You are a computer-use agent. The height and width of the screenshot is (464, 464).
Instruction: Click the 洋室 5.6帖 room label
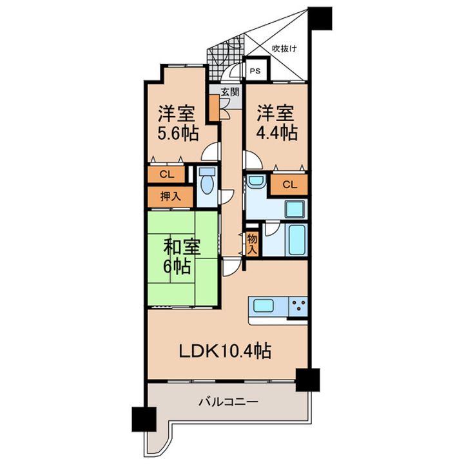178,123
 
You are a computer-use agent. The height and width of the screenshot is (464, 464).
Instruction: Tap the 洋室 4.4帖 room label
276,122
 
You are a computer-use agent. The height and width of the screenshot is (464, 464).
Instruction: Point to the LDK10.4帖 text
225,351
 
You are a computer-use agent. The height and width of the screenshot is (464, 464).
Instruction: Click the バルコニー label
228,402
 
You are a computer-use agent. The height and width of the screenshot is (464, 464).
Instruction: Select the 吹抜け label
285,48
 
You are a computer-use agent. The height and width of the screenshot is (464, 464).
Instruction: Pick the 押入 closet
170,197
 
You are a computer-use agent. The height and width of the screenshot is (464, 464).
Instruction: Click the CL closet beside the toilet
167,175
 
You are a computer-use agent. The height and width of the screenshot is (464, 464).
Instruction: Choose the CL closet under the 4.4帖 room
289,184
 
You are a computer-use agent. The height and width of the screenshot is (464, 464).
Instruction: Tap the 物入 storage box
253,244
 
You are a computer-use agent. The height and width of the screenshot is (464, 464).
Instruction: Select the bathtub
297,240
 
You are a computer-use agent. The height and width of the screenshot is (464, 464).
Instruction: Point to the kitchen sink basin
264,305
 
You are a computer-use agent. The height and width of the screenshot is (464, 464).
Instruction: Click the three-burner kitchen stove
298,307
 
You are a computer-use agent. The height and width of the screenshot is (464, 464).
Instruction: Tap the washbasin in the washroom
256,181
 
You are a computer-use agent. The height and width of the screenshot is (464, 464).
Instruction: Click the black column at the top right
320,18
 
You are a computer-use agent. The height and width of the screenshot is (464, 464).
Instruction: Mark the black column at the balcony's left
144,419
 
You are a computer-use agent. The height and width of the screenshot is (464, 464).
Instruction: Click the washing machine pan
295,209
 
